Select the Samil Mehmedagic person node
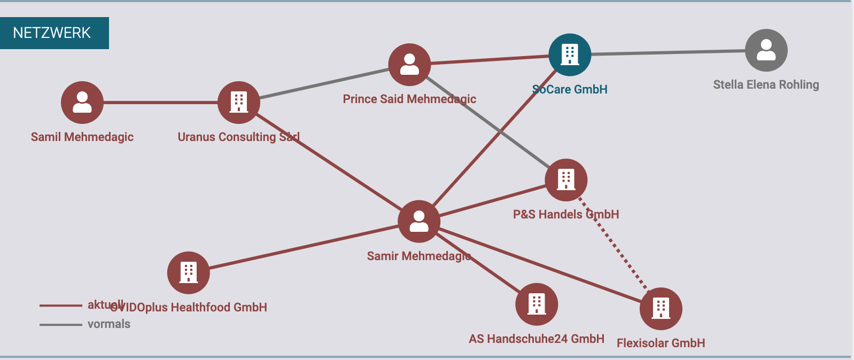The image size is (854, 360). tap(82, 103)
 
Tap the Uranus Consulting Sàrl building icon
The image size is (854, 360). tap(239, 103)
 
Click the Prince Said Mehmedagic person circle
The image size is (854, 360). tap(409, 65)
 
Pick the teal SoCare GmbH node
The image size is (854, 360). tap(570, 54)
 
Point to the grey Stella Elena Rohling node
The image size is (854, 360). tap(766, 50)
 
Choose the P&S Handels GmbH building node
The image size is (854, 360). tap(566, 180)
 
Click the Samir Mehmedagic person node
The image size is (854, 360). tap(419, 222)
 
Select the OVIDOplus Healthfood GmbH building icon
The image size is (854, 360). tap(188, 272)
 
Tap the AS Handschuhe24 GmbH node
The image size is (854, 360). tap(537, 304)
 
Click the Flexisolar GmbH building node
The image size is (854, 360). tap(661, 309)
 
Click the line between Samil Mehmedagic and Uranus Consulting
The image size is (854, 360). tap(160, 103)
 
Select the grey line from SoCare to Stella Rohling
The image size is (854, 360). tap(668, 52)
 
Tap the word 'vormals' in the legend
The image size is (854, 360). tap(109, 324)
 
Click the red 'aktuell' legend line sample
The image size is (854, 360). tap(60, 306)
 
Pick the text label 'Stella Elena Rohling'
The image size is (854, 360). tap(766, 85)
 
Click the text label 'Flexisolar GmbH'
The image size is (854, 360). tap(661, 343)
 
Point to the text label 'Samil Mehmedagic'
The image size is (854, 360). tap(82, 137)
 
